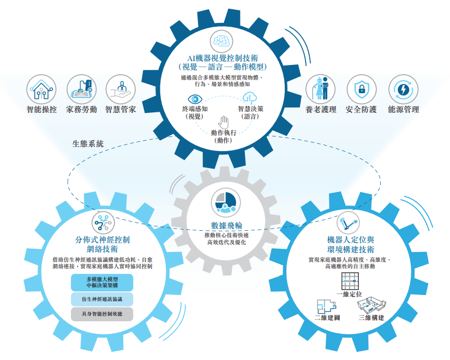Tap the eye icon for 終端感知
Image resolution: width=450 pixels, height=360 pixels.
click(195, 99)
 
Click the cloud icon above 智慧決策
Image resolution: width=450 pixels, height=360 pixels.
click(250, 98)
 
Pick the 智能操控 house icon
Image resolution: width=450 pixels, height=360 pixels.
click(41, 88)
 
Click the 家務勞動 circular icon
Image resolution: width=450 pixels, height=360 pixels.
click(82, 88)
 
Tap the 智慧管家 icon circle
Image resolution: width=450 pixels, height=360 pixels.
click(121, 88)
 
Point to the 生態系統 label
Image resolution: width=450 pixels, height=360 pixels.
click(88, 144)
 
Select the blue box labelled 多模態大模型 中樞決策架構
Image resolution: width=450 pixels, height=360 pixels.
click(102, 282)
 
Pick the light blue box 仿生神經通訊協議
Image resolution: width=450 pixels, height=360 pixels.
click(102, 299)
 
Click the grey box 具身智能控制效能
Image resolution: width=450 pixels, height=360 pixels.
click(102, 314)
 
